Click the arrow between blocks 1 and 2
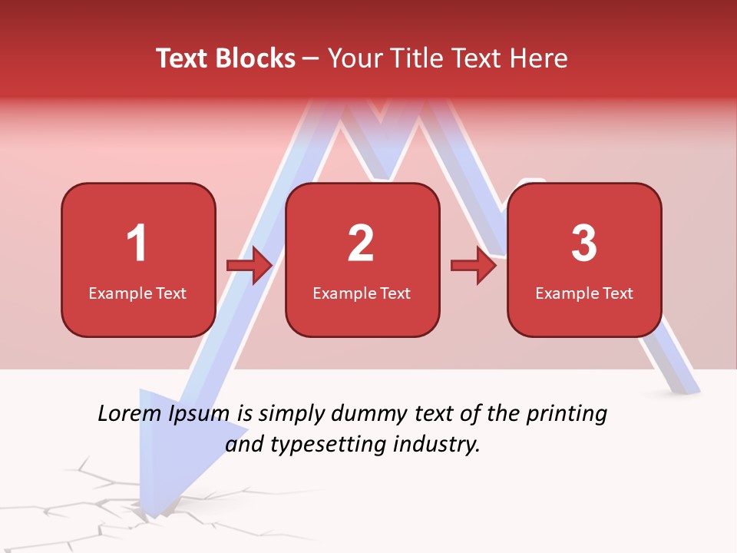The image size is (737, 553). tap(250, 266)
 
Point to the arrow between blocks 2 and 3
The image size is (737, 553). tap(474, 266)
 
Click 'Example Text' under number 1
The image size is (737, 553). tap(137, 293)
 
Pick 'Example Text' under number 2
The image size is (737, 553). tap(362, 293)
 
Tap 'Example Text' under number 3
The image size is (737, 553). tap(584, 293)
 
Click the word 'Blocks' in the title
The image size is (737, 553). tap(255, 58)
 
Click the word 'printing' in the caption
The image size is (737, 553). tap(566, 415)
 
